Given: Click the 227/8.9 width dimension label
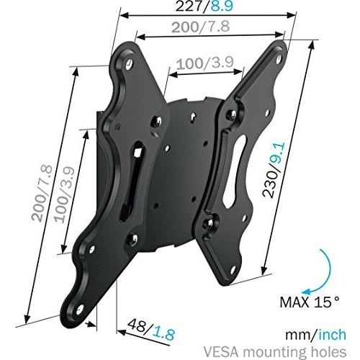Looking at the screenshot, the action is [204, 6].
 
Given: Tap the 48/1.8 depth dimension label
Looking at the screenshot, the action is [151, 328].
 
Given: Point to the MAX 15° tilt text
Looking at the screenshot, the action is [310, 302].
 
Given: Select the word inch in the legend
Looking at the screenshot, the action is [332, 334].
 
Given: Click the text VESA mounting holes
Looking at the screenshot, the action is [275, 352].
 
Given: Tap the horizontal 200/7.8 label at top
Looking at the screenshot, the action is [201, 27].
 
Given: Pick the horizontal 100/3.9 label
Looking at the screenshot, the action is [205, 63].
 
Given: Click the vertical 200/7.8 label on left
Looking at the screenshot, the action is [42, 193].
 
